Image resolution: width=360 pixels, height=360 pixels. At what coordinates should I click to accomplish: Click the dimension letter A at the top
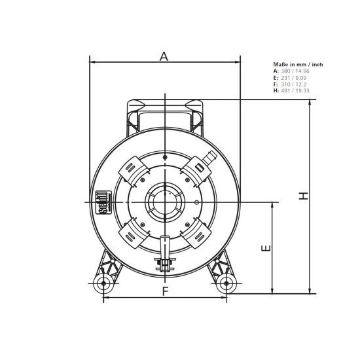pyautogui.click(x=164, y=56)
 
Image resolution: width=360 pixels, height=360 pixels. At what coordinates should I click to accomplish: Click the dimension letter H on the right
pyautogui.click(x=303, y=196)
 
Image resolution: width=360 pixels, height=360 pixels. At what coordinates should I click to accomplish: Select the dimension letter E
pyautogui.click(x=265, y=248)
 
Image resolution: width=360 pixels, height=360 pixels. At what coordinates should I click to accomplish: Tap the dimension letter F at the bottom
pyautogui.click(x=165, y=291)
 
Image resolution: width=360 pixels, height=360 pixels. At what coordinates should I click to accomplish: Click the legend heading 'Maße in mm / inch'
pyautogui.click(x=298, y=65)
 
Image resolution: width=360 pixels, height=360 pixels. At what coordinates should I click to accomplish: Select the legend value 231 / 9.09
pyautogui.click(x=293, y=78)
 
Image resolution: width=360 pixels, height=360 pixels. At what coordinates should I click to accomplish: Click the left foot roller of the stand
pyautogui.click(x=102, y=283)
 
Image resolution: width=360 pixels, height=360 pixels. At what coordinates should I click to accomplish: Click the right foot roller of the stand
pyautogui.click(x=226, y=283)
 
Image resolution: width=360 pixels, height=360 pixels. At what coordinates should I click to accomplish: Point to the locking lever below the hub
pyautogui.click(x=164, y=253)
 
